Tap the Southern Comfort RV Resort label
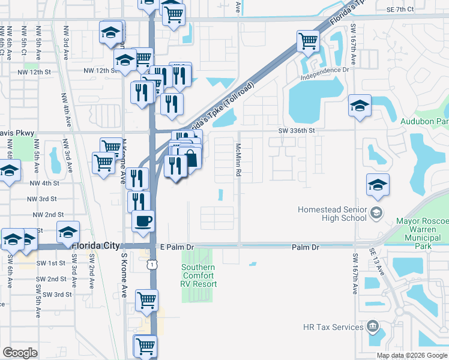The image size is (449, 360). (x=198, y=275)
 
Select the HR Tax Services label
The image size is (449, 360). (x=334, y=327)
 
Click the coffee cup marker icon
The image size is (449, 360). (x=143, y=221)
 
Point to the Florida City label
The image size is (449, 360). (x=95, y=246)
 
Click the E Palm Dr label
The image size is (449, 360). (x=179, y=247)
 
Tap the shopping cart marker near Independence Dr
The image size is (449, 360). (x=308, y=41)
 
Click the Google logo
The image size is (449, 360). (x=20, y=353)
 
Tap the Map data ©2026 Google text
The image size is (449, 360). (x=411, y=355)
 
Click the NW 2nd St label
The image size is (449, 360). (x=48, y=214)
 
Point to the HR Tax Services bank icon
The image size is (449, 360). (x=373, y=327)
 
